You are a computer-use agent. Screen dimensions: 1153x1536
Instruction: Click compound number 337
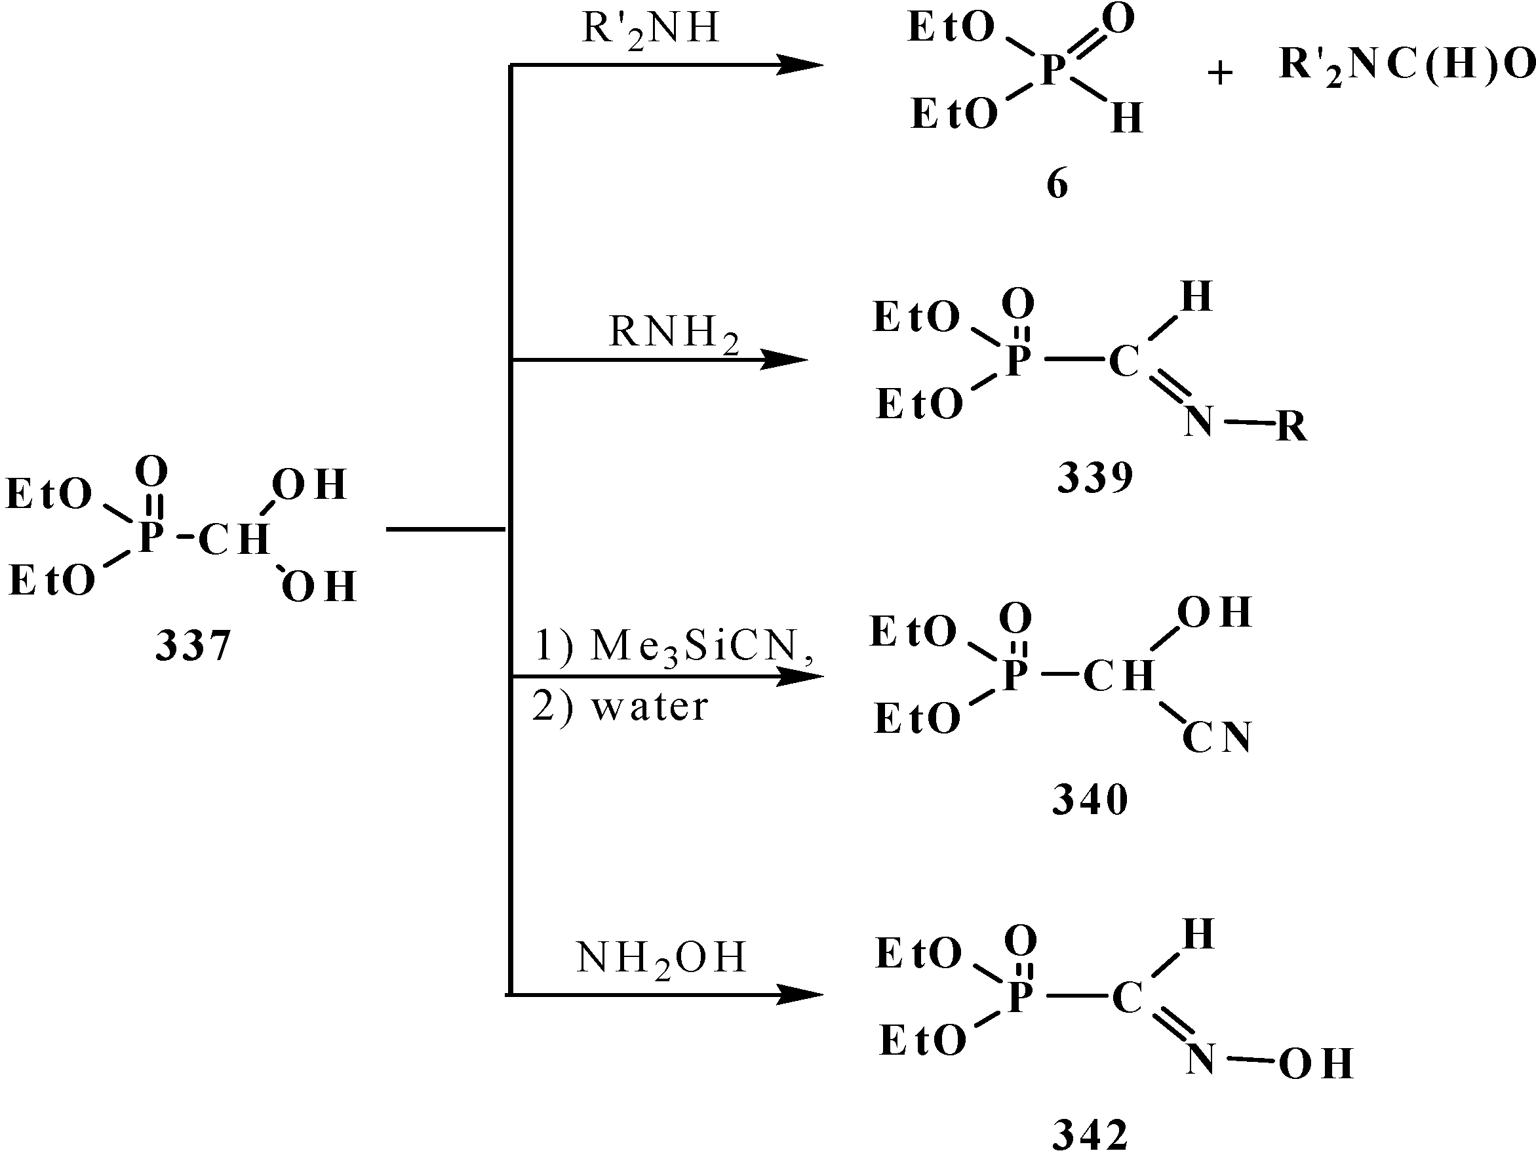click(192, 646)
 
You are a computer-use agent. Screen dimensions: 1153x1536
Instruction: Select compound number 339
click(1095, 478)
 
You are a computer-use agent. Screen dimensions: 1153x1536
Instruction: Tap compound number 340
click(1090, 800)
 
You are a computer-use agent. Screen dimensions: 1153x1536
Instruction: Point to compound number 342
click(1090, 1133)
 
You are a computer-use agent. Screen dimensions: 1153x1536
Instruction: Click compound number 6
click(1057, 185)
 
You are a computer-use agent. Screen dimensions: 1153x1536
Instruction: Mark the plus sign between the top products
click(1220, 73)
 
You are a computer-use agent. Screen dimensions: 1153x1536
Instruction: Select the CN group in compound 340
click(1217, 737)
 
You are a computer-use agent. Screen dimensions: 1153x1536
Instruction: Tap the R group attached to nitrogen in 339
click(1291, 426)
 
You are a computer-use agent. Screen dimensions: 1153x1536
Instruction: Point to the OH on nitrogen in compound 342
click(1316, 1064)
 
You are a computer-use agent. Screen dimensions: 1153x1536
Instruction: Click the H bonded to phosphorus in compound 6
click(1126, 118)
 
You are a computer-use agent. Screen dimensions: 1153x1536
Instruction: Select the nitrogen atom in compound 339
click(1199, 421)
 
